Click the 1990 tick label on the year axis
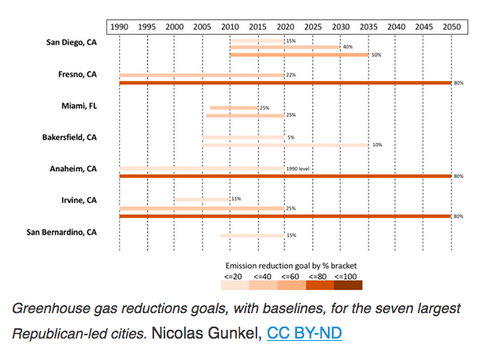[120, 26]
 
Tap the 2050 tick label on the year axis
[451, 26]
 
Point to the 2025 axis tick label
[313, 26]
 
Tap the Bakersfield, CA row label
[69, 137]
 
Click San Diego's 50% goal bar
[299, 55]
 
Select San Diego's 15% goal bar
[257, 41]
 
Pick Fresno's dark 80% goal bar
[285, 83]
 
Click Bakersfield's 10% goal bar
[285, 145]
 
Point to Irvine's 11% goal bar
[202, 199]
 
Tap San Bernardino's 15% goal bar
[252, 235]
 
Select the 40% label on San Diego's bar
[347, 48]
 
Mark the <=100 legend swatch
[348, 285]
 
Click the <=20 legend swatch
[236, 285]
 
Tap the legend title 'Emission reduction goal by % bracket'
[292, 266]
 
